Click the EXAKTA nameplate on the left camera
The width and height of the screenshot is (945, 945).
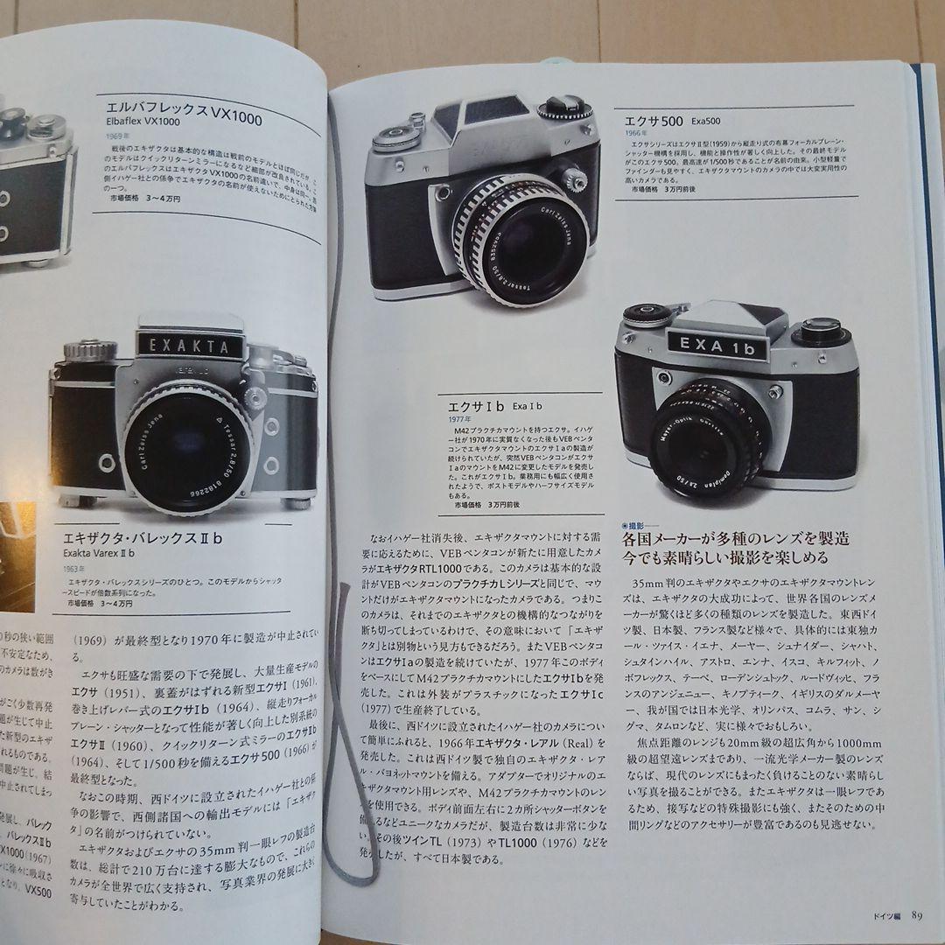189,344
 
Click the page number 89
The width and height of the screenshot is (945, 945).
915,915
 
